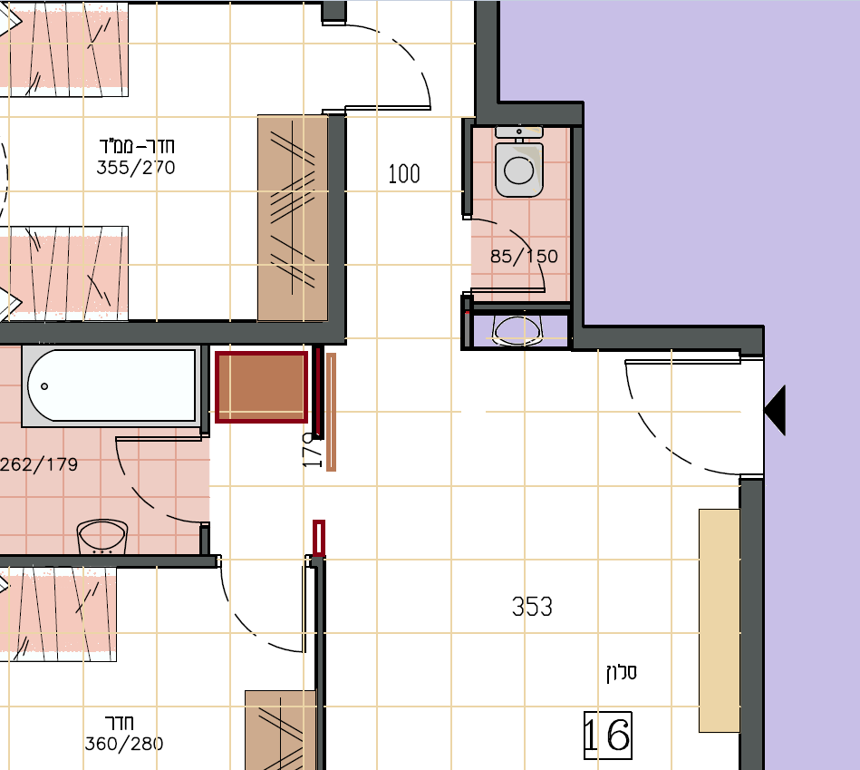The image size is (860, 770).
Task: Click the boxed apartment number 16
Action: pyautogui.click(x=608, y=736)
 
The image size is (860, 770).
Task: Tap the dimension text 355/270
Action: pyautogui.click(x=135, y=168)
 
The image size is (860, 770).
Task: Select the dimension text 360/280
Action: pyautogui.click(x=124, y=744)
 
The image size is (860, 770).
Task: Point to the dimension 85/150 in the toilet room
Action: pyautogui.click(x=524, y=257)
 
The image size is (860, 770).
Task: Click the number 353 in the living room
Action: pyautogui.click(x=532, y=607)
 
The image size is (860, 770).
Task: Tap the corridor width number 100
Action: pyautogui.click(x=404, y=174)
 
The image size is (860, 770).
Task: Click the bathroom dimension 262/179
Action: pyautogui.click(x=39, y=464)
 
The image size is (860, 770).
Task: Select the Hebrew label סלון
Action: pyautogui.click(x=622, y=672)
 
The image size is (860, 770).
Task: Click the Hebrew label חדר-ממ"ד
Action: pyautogui.click(x=137, y=146)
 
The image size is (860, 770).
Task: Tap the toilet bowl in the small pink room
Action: pyautogui.click(x=519, y=170)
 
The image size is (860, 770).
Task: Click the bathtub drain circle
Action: pyautogui.click(x=44, y=386)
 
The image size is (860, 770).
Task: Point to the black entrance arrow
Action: pyautogui.click(x=775, y=410)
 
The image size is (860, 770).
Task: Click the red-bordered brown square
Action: pyautogui.click(x=261, y=387)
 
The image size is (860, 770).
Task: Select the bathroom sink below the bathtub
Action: pyautogui.click(x=102, y=536)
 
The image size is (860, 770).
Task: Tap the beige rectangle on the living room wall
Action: pyautogui.click(x=719, y=620)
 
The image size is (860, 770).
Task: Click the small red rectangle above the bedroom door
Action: pyautogui.click(x=319, y=538)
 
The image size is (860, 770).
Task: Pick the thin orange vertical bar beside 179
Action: pyautogui.click(x=331, y=412)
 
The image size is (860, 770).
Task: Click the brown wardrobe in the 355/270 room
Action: pyautogui.click(x=293, y=218)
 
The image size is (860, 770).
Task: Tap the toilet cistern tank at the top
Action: pyautogui.click(x=519, y=132)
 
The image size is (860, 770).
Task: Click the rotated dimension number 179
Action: pyautogui.click(x=313, y=450)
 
